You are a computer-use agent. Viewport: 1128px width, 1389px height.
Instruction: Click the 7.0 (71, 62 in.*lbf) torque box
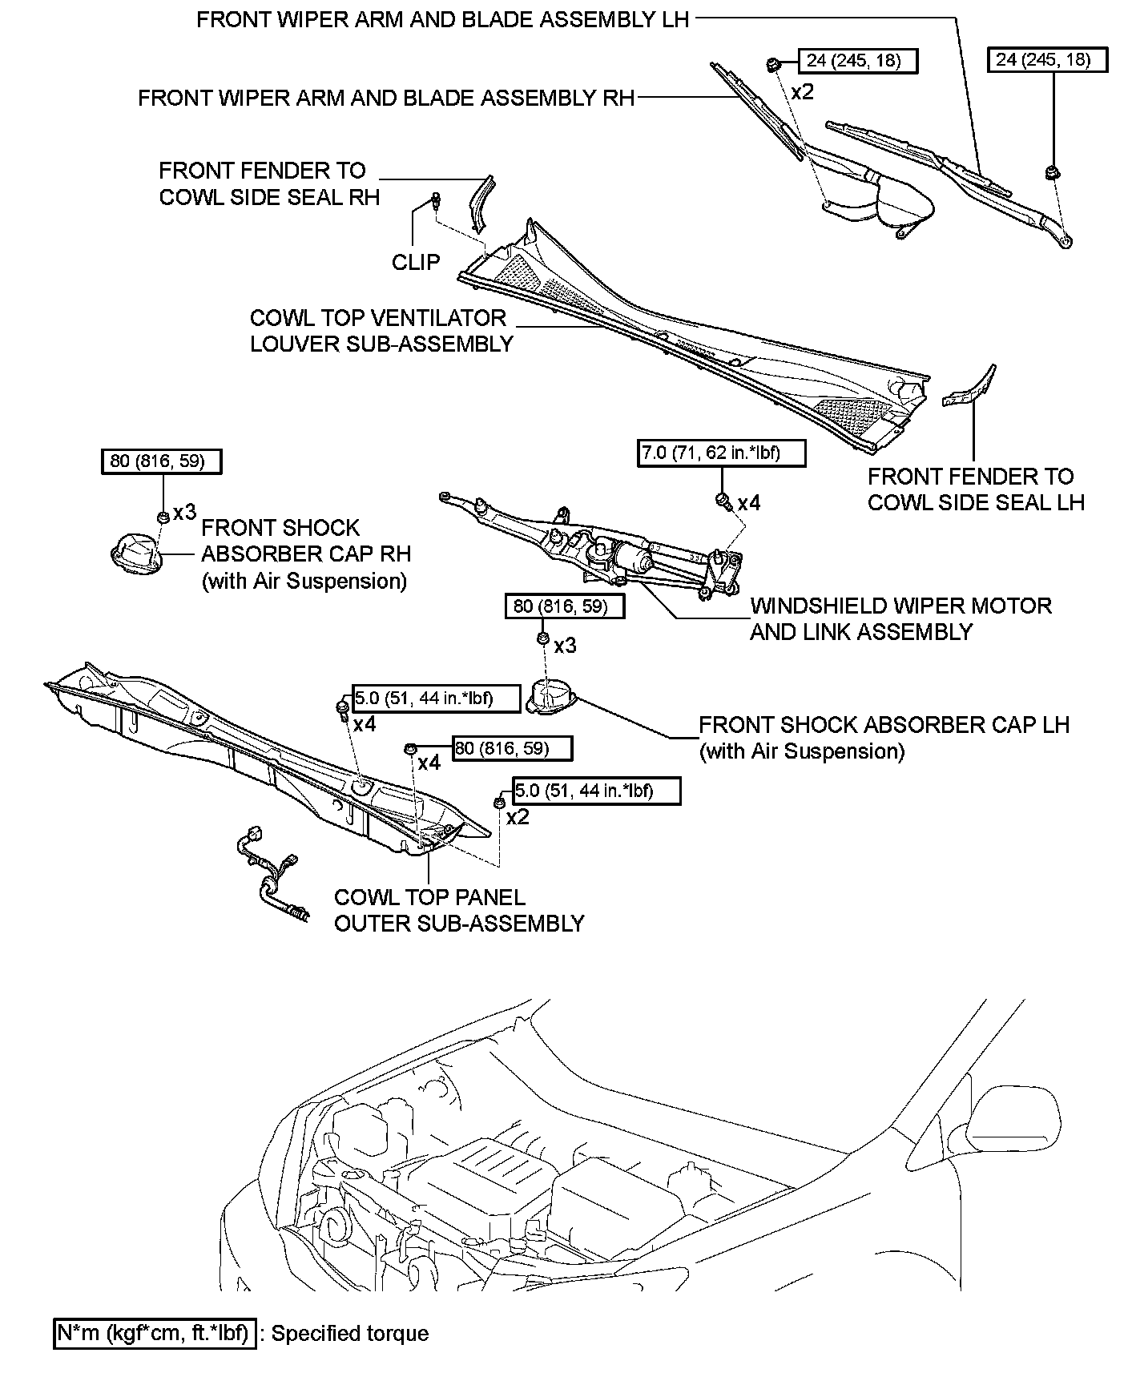720,453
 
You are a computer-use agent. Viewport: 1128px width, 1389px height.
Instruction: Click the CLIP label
416,262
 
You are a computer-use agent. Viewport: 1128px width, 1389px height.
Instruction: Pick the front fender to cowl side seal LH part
972,386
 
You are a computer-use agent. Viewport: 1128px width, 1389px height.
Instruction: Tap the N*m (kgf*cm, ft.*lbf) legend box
155,1333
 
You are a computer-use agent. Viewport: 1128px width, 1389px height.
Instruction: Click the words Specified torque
350,1334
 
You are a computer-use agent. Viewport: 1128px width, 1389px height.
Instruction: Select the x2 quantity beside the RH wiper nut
802,92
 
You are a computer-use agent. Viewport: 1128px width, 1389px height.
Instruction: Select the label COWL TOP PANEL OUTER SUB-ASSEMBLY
458,910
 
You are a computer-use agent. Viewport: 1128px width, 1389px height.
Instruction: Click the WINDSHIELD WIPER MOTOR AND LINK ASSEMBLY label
900,618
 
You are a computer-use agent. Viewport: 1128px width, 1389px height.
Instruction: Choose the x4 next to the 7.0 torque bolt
749,503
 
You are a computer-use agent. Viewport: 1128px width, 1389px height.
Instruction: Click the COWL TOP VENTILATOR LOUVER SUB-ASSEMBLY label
381,330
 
